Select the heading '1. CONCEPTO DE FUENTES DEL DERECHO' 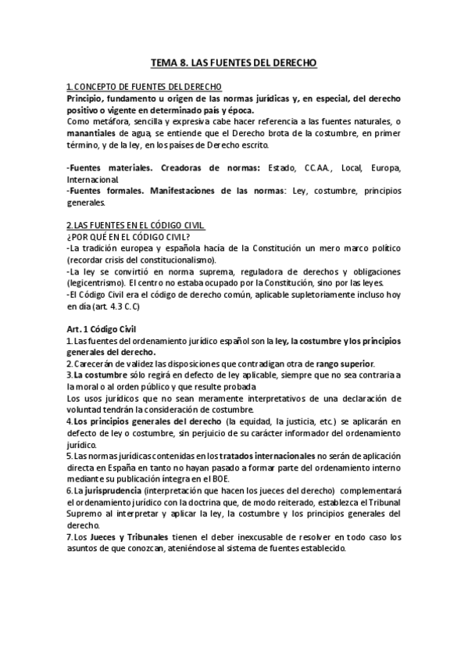click(144, 87)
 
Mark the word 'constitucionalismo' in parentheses click(179, 260)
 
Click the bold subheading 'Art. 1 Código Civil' click(109, 330)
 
